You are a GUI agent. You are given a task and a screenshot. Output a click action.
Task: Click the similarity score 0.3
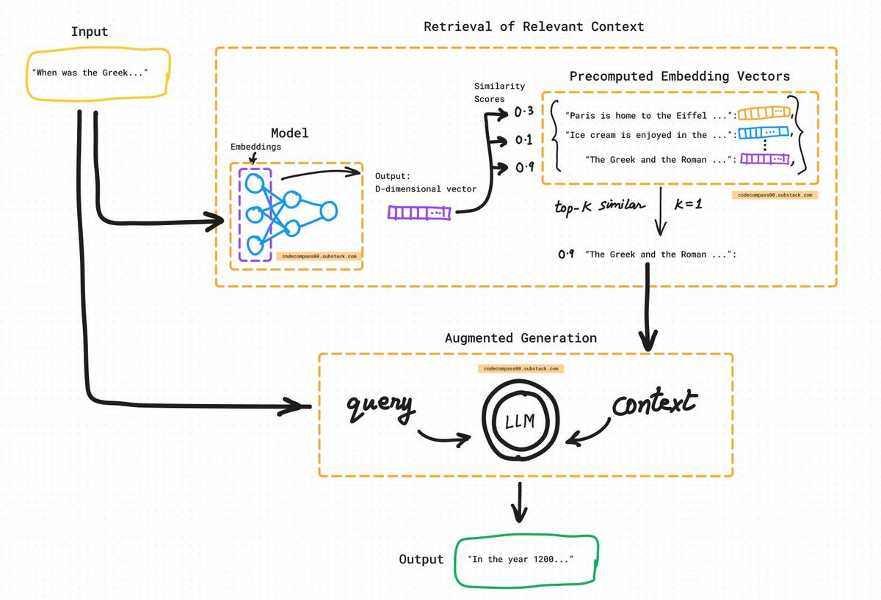pos(524,111)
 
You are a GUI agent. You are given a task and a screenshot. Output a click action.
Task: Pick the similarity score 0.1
pos(524,139)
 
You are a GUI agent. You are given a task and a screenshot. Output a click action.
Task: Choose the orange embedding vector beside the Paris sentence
pos(764,113)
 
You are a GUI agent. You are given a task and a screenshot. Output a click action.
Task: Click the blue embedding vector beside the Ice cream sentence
pos(764,133)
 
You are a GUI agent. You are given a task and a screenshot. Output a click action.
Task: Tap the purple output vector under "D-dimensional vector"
pos(419,213)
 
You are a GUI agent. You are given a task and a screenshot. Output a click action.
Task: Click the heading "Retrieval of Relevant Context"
pos(534,26)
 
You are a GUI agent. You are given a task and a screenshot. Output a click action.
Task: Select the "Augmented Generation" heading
pos(521,338)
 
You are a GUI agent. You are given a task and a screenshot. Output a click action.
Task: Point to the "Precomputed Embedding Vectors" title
pos(680,76)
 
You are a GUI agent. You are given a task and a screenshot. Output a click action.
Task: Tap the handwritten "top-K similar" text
pos(600,206)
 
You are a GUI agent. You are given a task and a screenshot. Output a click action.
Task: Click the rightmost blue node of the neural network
pos(329,211)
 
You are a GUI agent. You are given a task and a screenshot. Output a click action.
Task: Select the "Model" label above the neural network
pos(290,133)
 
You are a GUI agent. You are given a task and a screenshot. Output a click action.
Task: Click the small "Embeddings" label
pos(255,147)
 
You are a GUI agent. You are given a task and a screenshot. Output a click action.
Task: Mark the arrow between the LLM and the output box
pos(520,502)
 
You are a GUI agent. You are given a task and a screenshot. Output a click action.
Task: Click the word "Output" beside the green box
pos(421,560)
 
